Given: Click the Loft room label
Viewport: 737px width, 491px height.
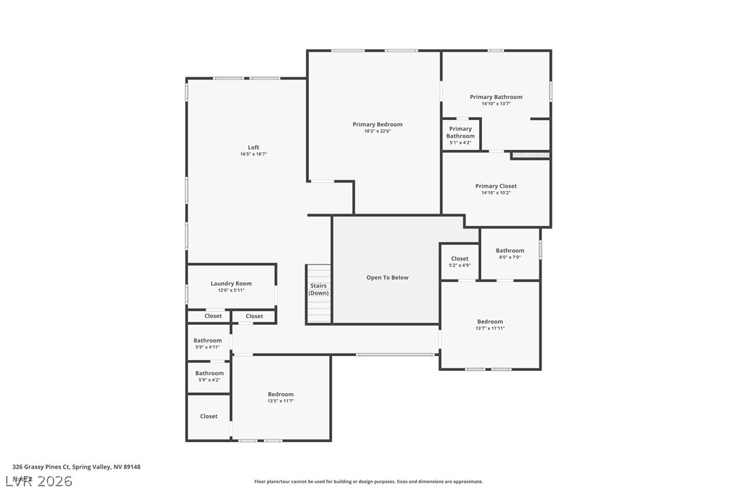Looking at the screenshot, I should pos(253,147).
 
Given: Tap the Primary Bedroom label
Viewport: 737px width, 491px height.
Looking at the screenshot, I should pos(377,124).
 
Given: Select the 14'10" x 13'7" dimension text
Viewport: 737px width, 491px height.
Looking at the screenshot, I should pos(496,104).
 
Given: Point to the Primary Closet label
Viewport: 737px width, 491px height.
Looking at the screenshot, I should pos(496,186).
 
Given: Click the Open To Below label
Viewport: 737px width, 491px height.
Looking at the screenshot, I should pos(388,277).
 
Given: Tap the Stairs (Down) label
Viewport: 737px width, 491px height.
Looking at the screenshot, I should pos(318,289).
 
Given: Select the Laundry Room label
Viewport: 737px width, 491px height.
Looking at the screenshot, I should pos(231,283).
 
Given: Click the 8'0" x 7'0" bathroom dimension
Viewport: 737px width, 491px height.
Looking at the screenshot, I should pos(510,258).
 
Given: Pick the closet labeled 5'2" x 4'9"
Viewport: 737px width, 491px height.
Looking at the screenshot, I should pos(459,262).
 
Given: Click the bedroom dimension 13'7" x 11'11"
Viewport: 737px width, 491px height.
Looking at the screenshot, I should pos(490,328).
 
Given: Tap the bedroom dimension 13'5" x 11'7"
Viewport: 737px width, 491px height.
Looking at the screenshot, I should pos(280,401).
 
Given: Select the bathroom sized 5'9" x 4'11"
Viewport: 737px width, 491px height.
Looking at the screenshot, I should pos(207,344).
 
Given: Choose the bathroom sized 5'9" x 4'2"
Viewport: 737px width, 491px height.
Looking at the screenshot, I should pos(209,376).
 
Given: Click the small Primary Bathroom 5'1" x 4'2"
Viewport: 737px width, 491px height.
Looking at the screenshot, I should pos(460,136).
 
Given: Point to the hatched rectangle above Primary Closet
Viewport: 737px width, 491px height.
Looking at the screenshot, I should pos(530,155).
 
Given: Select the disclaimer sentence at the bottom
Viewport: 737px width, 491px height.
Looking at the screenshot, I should pos(368,482).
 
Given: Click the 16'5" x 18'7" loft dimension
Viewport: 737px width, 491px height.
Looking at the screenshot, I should pos(253,155).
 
